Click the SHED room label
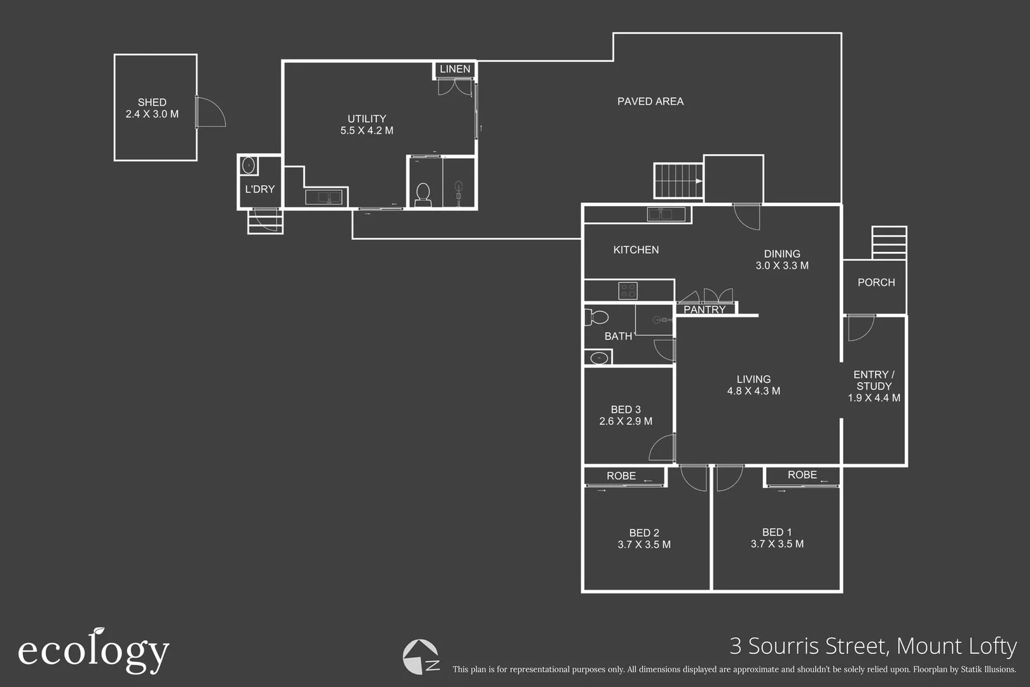click(152, 102)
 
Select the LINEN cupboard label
click(455, 69)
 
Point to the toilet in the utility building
click(423, 195)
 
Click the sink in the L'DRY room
click(249, 165)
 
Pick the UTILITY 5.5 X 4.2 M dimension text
click(367, 130)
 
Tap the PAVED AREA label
click(650, 101)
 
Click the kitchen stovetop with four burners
click(628, 291)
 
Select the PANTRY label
click(704, 310)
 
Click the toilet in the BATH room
click(596, 317)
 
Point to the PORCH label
click(876, 282)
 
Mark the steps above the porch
click(889, 242)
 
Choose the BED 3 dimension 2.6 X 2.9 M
click(626, 422)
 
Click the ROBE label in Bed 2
click(621, 476)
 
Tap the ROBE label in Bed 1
click(802, 475)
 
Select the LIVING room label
click(753, 379)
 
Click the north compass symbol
click(421, 656)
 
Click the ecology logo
click(94, 651)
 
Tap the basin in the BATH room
click(599, 357)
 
